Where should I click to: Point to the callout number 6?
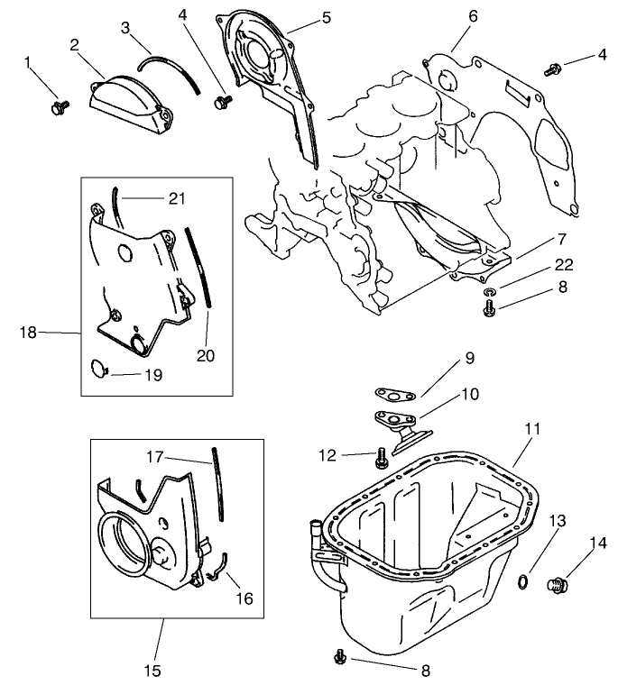coord(473,16)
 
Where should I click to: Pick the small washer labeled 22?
coord(489,293)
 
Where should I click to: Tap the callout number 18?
coord(27,332)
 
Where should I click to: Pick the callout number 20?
coord(206,355)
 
